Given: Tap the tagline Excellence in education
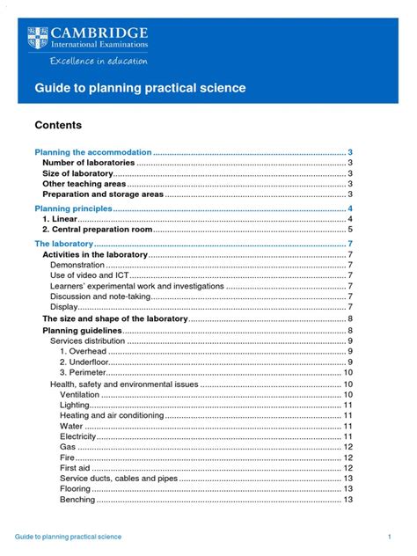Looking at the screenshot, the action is coord(99,62).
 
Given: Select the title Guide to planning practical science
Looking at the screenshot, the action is coord(140,89).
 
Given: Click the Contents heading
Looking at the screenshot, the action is coord(59,126).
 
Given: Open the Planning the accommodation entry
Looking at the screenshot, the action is coord(92,152).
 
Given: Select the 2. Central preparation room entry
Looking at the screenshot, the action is coord(98,229).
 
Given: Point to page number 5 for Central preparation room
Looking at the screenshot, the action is coord(350,229).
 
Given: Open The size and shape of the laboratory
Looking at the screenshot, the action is coord(115,318).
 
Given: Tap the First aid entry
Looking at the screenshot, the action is coord(76,468).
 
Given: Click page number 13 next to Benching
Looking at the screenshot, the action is coord(348,500).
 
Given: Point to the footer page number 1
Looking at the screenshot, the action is coord(388,536).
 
